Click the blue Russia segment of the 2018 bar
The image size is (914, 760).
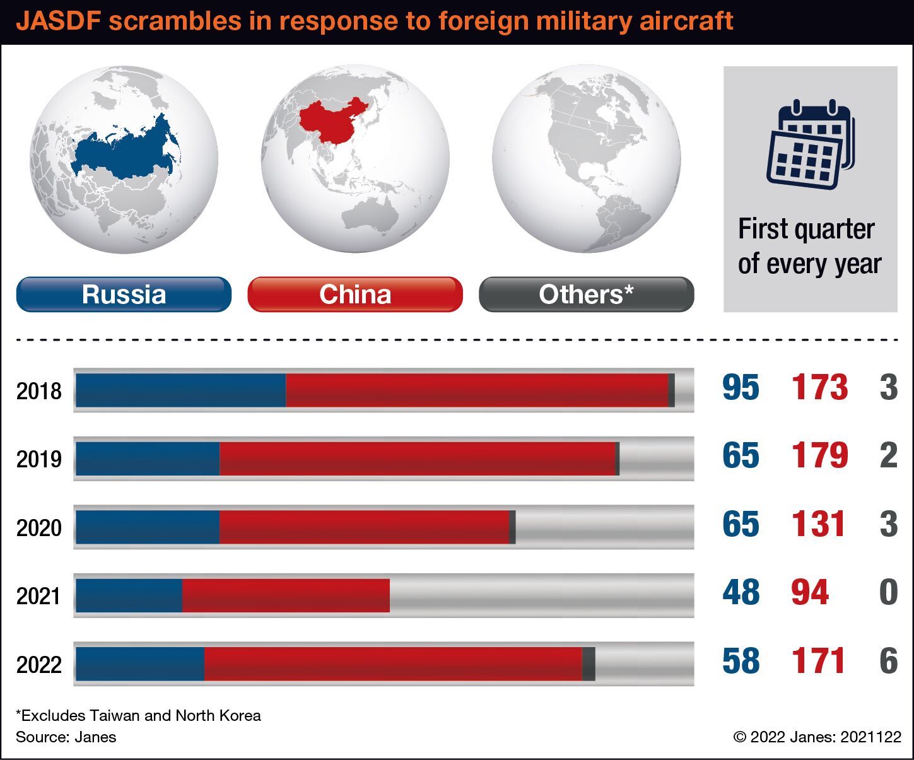click(181, 390)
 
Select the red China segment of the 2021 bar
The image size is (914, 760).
click(286, 595)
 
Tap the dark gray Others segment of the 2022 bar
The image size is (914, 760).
click(589, 664)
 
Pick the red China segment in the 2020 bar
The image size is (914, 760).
click(365, 527)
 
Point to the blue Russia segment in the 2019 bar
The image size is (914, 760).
click(148, 459)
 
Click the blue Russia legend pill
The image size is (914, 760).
click(124, 294)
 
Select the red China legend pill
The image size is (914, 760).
click(355, 294)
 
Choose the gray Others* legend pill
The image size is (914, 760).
click(587, 294)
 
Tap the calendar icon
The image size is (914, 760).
click(811, 144)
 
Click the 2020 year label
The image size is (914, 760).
click(39, 527)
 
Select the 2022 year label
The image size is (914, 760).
click(39, 665)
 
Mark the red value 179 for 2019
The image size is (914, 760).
click(819, 455)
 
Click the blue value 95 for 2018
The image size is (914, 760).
click(741, 387)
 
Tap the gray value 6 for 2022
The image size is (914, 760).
click(889, 660)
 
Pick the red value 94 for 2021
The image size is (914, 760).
click(810, 592)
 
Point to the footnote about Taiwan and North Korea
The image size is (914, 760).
click(138, 715)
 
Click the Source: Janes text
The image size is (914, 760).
click(66, 737)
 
